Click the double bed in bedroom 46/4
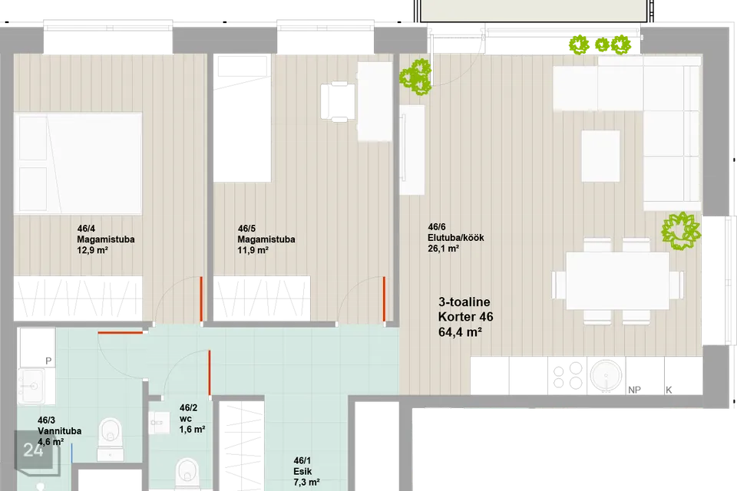click(78, 163)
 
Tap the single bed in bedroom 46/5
click(243, 118)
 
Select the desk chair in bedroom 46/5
click(338, 101)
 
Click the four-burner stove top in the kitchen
click(567, 376)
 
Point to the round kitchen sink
click(606, 376)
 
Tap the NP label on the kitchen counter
click(634, 390)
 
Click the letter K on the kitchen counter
click(669, 390)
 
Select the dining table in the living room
click(617, 281)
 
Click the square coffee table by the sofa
click(600, 156)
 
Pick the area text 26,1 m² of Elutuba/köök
click(443, 249)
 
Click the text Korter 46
click(465, 317)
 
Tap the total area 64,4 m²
click(460, 331)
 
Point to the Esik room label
click(302, 471)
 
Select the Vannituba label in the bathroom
click(59, 431)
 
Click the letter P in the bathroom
click(48, 361)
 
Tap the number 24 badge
click(33, 450)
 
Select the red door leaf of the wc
click(209, 373)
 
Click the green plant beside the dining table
click(681, 231)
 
